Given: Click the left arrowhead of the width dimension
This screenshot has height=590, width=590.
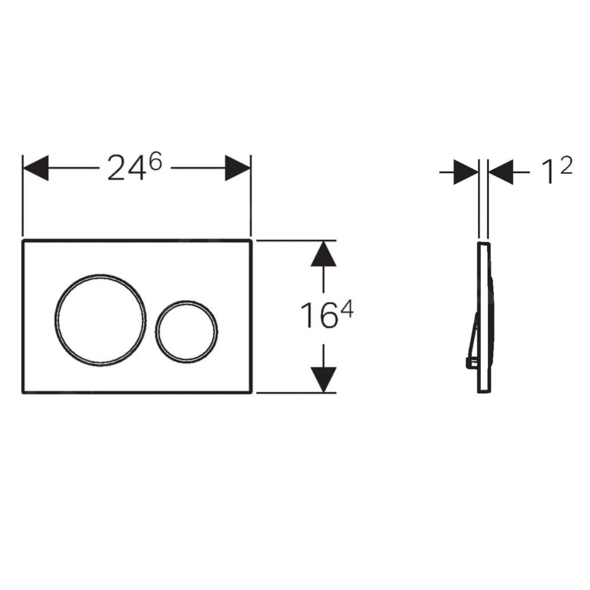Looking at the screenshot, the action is pos(36,168).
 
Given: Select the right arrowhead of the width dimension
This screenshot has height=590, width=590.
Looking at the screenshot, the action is pos(237,168).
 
